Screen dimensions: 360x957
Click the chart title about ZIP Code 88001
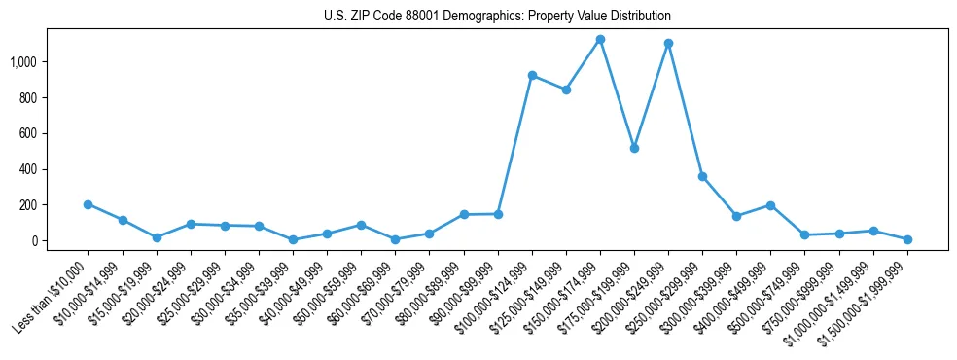(497, 17)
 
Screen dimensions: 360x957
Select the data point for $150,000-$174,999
(600, 40)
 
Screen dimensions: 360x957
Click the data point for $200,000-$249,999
(668, 43)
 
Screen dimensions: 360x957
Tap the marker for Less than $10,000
(88, 204)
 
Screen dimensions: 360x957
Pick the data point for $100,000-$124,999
(532, 75)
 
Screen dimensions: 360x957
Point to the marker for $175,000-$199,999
(634, 148)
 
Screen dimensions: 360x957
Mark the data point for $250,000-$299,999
(702, 176)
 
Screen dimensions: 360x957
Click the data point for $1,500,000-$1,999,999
(907, 239)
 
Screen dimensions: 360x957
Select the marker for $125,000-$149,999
(566, 90)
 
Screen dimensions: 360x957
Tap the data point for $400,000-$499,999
(770, 205)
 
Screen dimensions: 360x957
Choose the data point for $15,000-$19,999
(157, 237)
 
